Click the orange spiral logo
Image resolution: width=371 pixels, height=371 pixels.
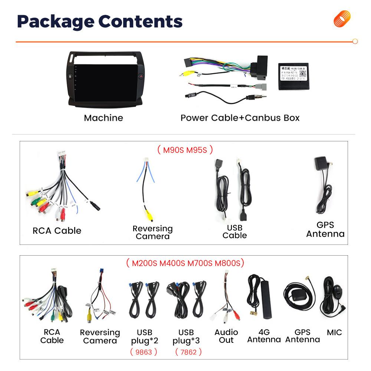pyautogui.click(x=342, y=19)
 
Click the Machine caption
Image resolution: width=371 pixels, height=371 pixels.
pyautogui.click(x=103, y=118)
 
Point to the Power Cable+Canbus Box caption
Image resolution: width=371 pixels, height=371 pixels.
pyautogui.click(x=240, y=118)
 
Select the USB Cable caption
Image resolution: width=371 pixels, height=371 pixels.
pyautogui.click(x=234, y=232)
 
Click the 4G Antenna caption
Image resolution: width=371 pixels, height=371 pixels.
pyautogui.click(x=264, y=336)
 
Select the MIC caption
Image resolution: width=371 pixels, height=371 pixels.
pyautogui.click(x=334, y=332)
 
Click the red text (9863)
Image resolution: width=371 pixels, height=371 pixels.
pyautogui.click(x=144, y=352)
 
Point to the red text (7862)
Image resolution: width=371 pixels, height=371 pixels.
pyautogui.click(x=188, y=352)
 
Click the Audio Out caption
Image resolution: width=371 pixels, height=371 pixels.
pyautogui.click(x=226, y=336)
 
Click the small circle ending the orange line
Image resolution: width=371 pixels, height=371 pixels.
pyautogui.click(x=355, y=42)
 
